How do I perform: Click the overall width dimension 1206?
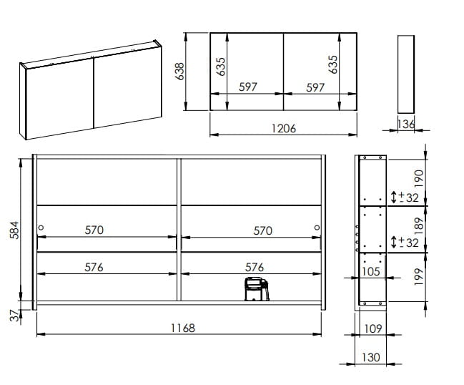click(x=284, y=129)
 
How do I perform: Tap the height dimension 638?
click(x=179, y=72)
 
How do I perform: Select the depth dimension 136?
click(x=406, y=124)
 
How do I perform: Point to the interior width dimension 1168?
click(x=183, y=328)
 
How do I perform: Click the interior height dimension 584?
click(x=14, y=230)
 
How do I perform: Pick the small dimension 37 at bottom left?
click(x=14, y=316)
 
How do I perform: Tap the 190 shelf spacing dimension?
click(x=419, y=178)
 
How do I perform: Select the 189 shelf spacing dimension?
click(x=419, y=227)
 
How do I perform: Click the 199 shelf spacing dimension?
click(x=419, y=277)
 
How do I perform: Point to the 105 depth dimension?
click(x=371, y=271)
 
